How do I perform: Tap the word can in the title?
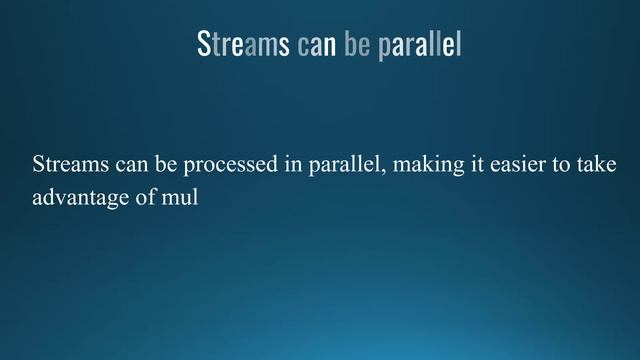coord(316,45)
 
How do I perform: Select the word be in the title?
coord(357,45)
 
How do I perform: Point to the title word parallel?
coord(420,45)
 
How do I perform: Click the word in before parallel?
coord(293,165)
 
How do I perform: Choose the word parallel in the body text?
coord(344,165)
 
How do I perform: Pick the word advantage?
coord(80,198)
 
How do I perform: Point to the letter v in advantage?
coord(56,198)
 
